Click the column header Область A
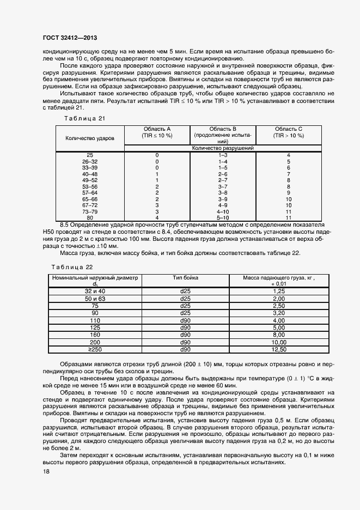[x=157, y=132]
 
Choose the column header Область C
[x=289, y=132]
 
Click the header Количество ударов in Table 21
[x=90, y=138]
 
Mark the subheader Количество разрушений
[x=223, y=148]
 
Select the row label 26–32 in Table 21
[x=90, y=162]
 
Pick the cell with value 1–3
[x=222, y=156]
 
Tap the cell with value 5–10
[x=222, y=217]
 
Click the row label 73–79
[x=90, y=211]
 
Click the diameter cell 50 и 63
[x=95, y=299]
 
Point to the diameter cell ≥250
[x=95, y=349]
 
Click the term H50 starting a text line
[x=50, y=231]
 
